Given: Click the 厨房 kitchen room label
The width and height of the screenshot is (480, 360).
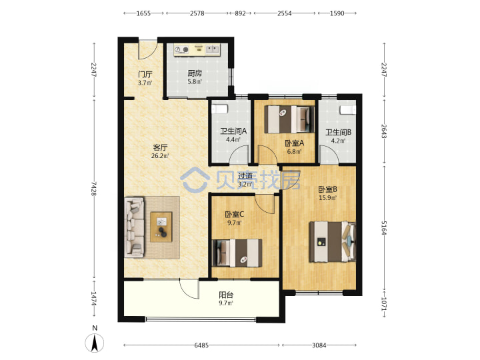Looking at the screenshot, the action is [x=195, y=73].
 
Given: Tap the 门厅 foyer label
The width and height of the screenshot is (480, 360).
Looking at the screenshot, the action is [x=145, y=75].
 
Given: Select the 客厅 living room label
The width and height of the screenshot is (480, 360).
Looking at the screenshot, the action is [x=160, y=147].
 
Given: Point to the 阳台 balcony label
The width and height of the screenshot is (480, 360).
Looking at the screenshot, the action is [x=226, y=295].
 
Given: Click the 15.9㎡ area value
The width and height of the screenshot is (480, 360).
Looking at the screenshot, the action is [x=327, y=198].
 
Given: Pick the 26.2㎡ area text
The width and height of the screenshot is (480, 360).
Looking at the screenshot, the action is [x=160, y=156].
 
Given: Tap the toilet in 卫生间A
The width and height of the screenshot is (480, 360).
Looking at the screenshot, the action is [x=220, y=109].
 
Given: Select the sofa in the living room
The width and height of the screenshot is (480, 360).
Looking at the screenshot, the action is [x=134, y=227].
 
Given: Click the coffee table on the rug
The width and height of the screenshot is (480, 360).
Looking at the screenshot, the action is [x=161, y=227].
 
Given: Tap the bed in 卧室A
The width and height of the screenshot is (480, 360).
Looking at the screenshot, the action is [x=289, y=119].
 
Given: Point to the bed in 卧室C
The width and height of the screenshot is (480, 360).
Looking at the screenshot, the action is [x=237, y=253].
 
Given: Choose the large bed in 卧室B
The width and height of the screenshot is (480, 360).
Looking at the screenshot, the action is [x=333, y=242].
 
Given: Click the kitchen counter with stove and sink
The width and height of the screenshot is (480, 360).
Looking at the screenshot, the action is [x=197, y=50].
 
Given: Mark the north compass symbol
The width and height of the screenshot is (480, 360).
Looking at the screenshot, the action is [x=95, y=343].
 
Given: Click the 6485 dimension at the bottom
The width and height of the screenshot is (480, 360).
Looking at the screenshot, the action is [x=201, y=345].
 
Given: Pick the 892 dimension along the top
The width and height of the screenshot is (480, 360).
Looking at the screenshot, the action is [x=240, y=13].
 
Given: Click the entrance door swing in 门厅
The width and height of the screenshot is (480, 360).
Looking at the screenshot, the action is [x=148, y=49].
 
